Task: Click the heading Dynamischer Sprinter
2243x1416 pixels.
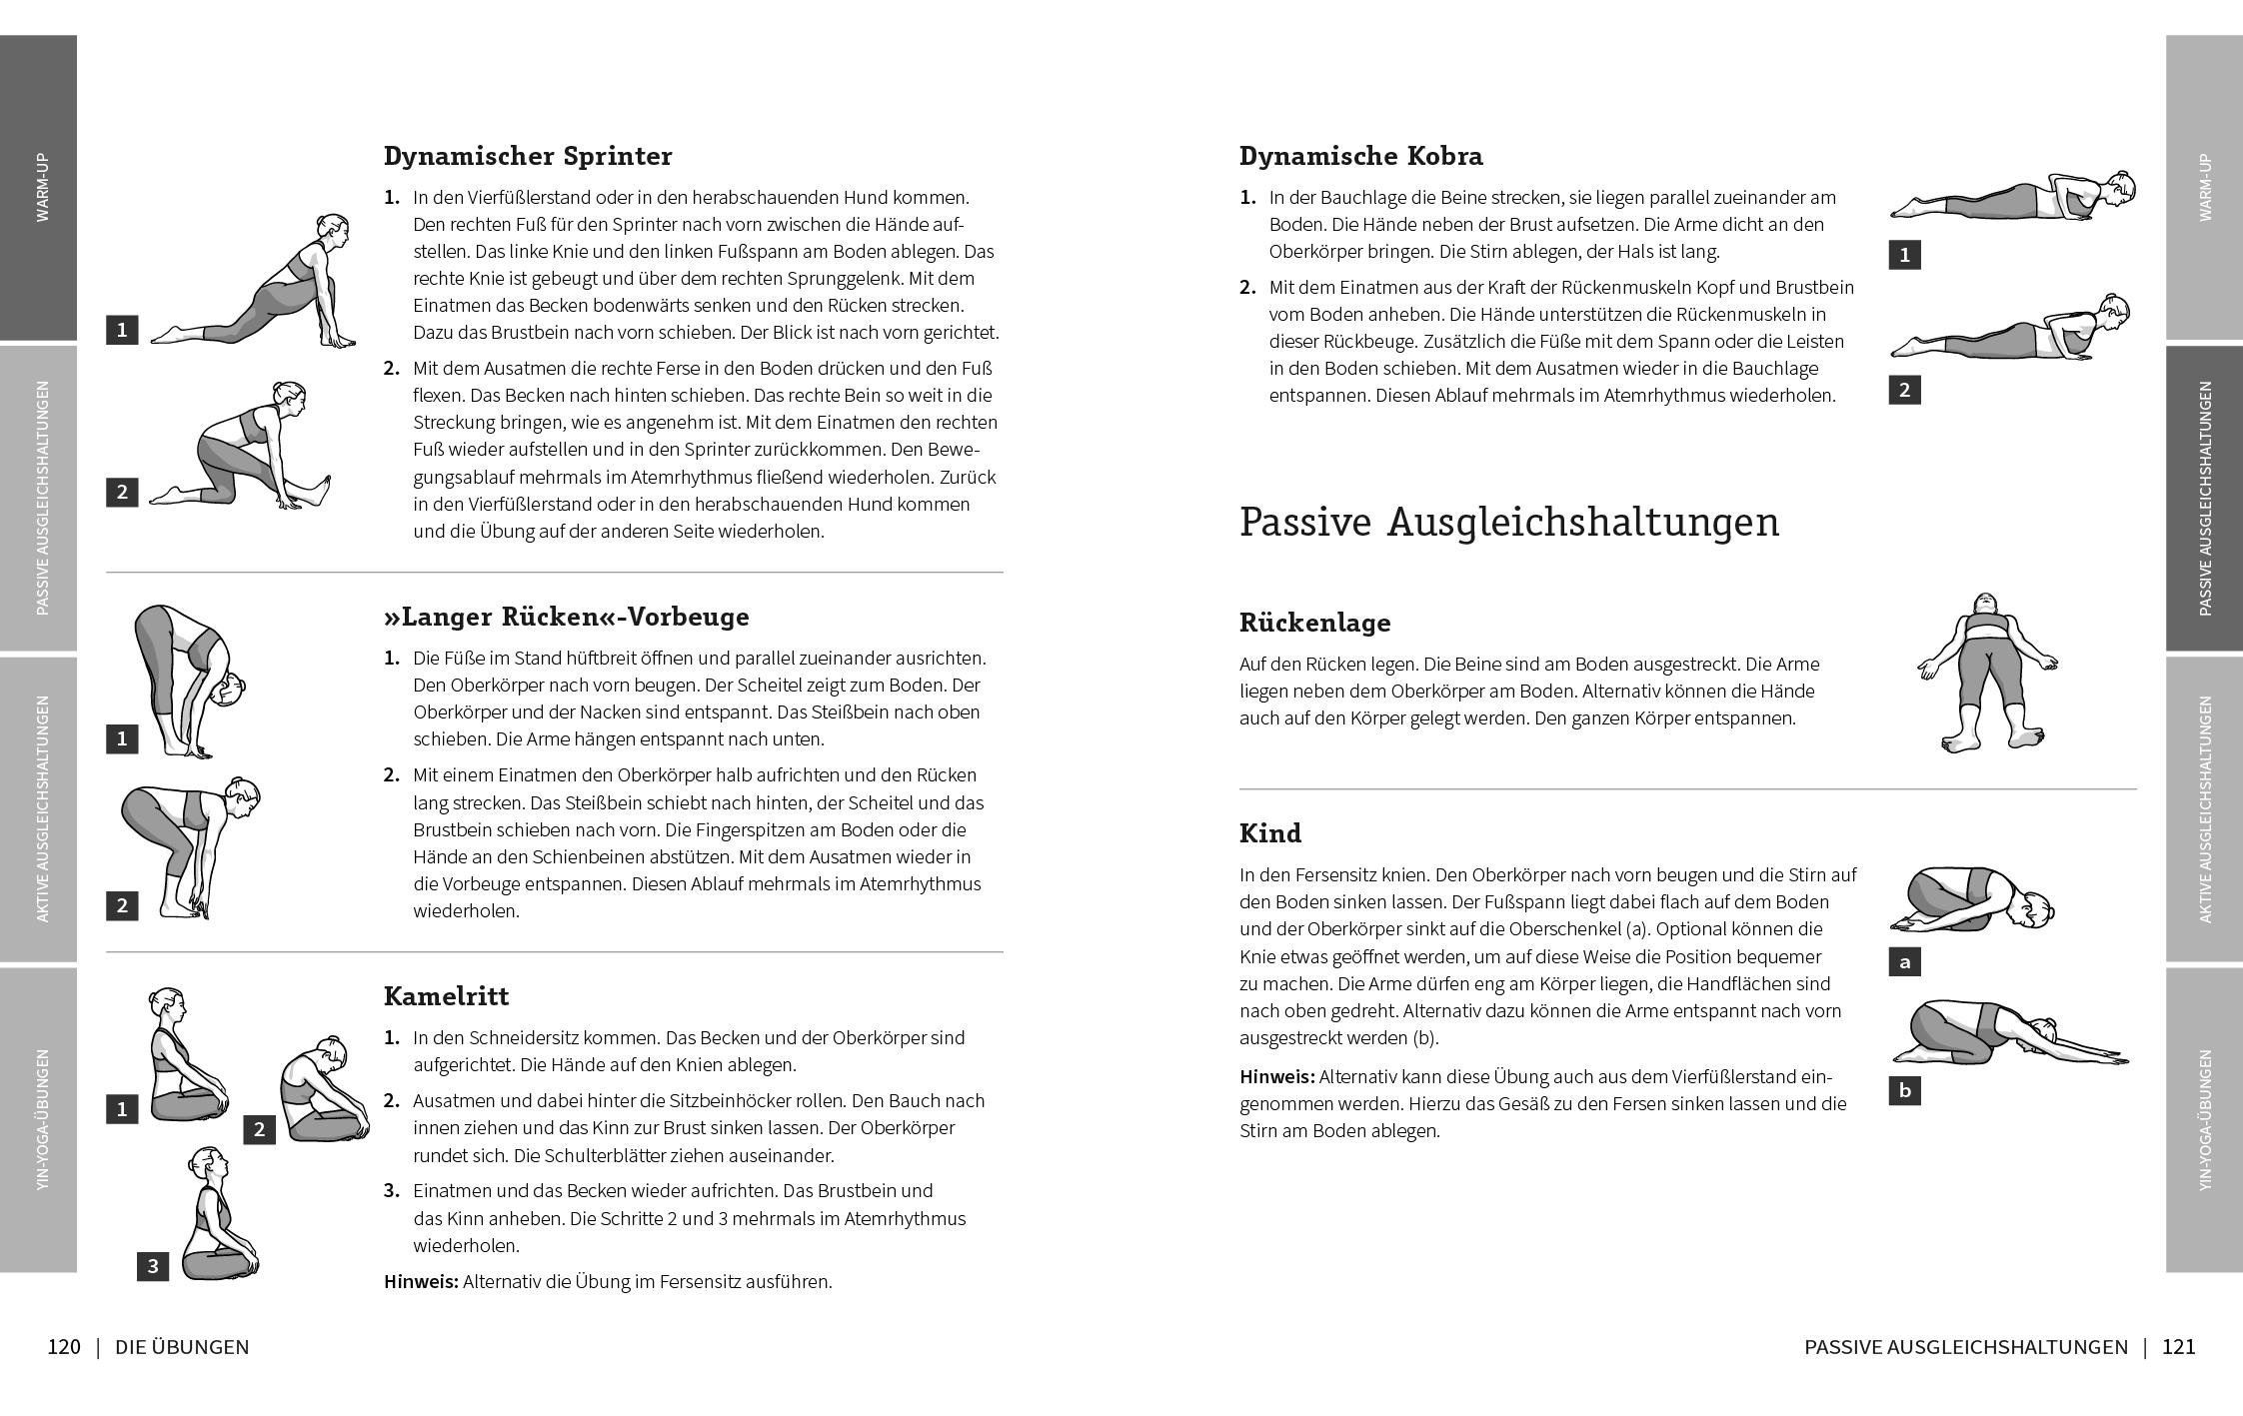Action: click(527, 156)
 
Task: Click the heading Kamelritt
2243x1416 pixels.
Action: click(446, 996)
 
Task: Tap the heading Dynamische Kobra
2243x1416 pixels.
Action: click(1360, 156)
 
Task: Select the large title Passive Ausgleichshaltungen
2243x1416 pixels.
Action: click(1508, 523)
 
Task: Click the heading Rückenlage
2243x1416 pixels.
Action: click(1314, 623)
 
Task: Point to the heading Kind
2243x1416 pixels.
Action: click(1269, 833)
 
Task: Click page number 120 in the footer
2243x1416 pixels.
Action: click(64, 1347)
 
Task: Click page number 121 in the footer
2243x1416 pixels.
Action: click(2178, 1347)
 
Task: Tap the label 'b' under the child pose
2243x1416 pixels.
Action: click(1904, 1090)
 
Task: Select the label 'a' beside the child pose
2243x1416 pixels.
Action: click(1904, 962)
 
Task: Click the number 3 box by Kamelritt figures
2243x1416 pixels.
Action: click(153, 1266)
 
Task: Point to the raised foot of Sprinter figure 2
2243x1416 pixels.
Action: click(322, 489)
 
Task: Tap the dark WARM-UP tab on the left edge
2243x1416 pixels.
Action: click(38, 187)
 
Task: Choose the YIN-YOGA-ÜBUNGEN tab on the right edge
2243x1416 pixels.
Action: click(2204, 1119)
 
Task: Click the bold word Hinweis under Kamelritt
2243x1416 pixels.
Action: click(420, 1281)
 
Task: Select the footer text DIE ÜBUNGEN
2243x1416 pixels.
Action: click(182, 1347)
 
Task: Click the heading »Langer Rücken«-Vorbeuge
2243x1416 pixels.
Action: click(566, 617)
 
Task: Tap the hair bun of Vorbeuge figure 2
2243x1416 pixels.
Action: click(238, 783)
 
